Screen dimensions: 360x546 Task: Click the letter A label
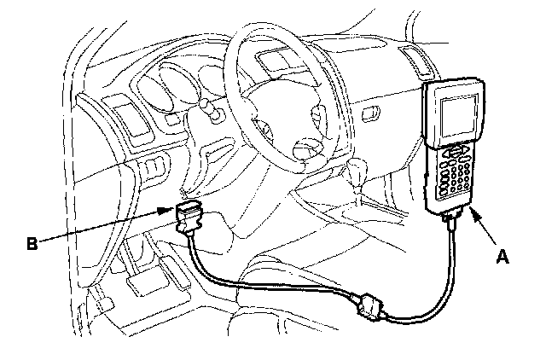[503, 254]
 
